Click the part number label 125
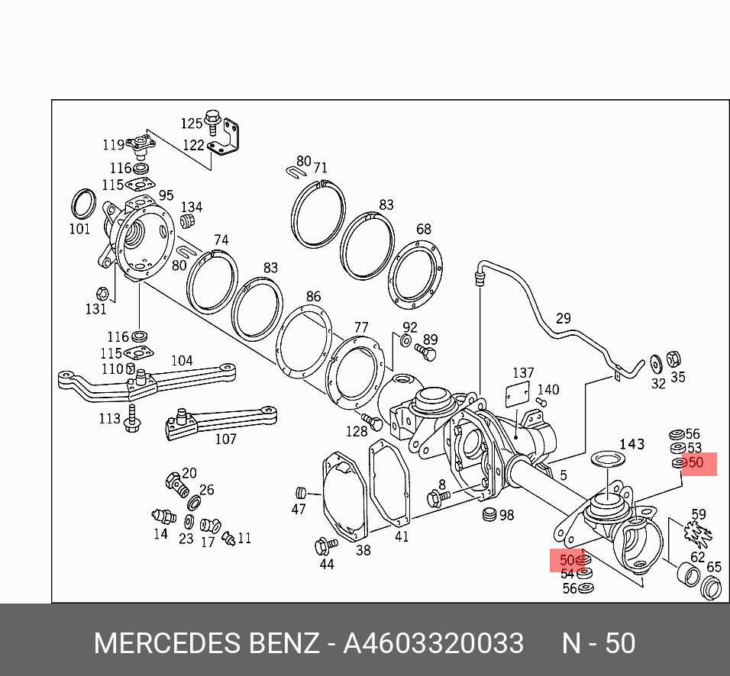coord(191,123)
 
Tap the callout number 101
coord(79,228)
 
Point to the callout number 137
coord(523,373)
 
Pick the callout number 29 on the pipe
coord(563,318)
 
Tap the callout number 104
coord(182,361)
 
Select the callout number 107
coord(225,439)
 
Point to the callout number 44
coord(327,565)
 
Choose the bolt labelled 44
coord(324,546)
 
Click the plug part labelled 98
coord(489,515)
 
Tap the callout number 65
coord(714,567)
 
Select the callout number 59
coord(699,514)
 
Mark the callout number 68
coord(423,229)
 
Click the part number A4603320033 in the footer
coord(433,643)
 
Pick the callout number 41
coord(402,536)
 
